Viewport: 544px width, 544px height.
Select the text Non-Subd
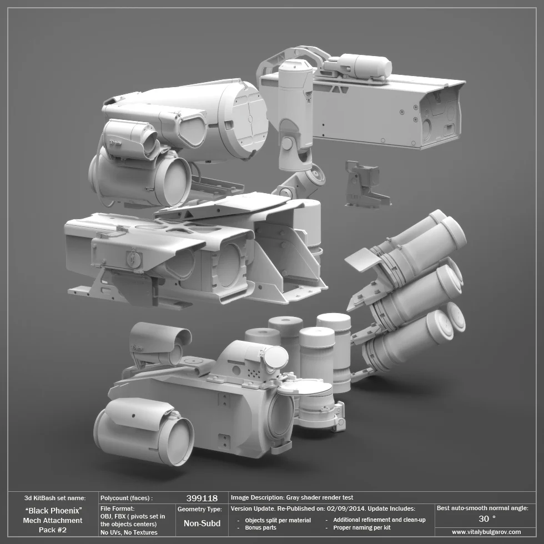pyautogui.click(x=202, y=523)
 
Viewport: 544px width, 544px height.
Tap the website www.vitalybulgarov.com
pyautogui.click(x=486, y=532)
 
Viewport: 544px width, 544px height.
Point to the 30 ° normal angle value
pyautogui.click(x=486, y=518)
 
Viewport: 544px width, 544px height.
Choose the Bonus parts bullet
pyautogui.click(x=260, y=528)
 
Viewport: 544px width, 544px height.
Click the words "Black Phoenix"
pyautogui.click(x=54, y=510)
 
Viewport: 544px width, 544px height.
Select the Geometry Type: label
pyautogui.click(x=200, y=508)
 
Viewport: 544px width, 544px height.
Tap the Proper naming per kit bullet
pyautogui.click(x=361, y=528)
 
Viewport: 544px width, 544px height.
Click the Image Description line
pyautogui.click(x=292, y=497)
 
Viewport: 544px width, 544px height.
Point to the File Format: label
pyautogui.click(x=118, y=508)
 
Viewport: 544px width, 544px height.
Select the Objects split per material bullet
pyautogui.click(x=278, y=520)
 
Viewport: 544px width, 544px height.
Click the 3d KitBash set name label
pyautogui.click(x=55, y=498)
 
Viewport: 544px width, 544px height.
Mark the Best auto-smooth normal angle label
pyautogui.click(x=482, y=508)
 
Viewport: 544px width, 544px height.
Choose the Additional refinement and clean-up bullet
pyautogui.click(x=379, y=520)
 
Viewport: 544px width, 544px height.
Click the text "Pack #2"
pyautogui.click(x=53, y=530)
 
